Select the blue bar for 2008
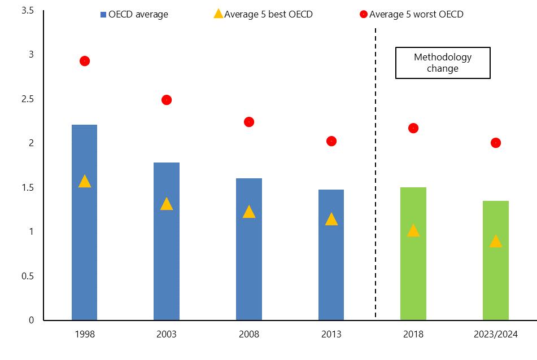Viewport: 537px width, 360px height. click(x=249, y=265)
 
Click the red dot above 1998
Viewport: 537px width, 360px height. click(x=85, y=61)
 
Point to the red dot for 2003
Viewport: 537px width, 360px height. click(x=167, y=100)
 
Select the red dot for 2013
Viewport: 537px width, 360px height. click(x=331, y=141)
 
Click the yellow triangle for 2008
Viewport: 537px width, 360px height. click(x=249, y=212)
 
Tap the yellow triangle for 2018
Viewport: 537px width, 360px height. click(x=413, y=230)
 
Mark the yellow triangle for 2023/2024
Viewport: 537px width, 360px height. click(x=496, y=242)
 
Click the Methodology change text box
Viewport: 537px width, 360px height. click(x=443, y=63)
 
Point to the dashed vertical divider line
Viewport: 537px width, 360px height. click(x=376, y=169)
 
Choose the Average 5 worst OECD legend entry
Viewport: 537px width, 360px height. click(x=412, y=15)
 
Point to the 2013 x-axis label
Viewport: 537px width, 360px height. click(x=331, y=334)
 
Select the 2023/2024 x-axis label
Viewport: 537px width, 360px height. click(x=496, y=334)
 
